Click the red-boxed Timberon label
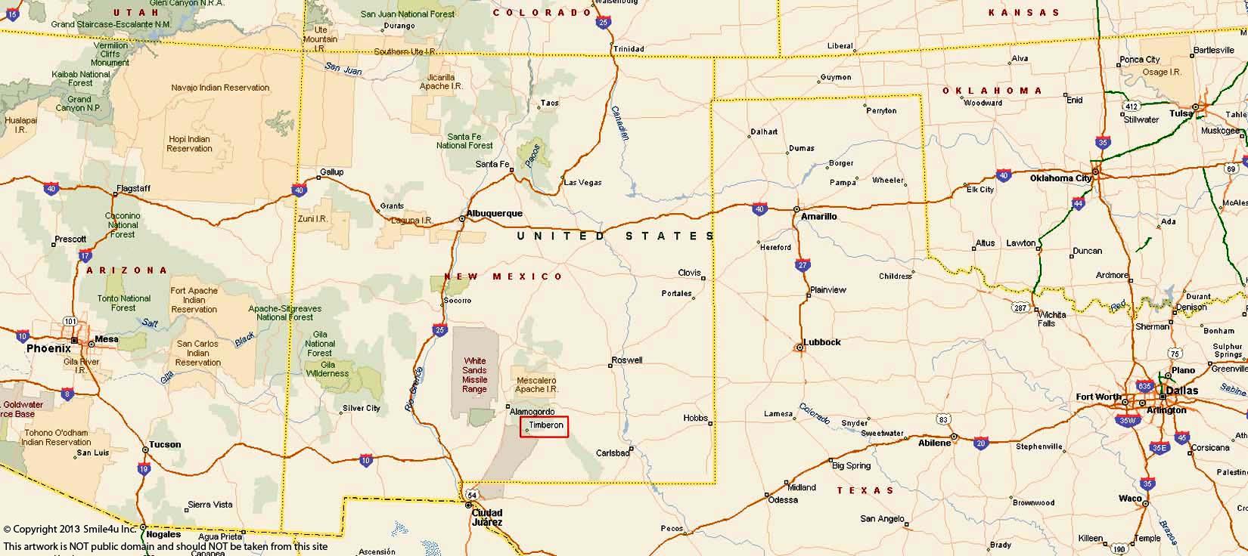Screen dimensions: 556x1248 pyautogui.click(x=545, y=426)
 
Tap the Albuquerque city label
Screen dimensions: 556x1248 pyautogui.click(x=495, y=214)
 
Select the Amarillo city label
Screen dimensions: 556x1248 pyautogui.click(x=819, y=216)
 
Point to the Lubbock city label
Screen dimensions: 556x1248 pyautogui.click(x=822, y=342)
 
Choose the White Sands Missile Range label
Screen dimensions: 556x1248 pyautogui.click(x=475, y=375)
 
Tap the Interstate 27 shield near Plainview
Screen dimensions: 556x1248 pyautogui.click(x=803, y=265)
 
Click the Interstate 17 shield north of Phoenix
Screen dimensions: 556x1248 pyautogui.click(x=85, y=256)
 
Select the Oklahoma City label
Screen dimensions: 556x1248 pyautogui.click(x=1060, y=178)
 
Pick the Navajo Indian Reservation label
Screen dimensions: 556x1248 pyautogui.click(x=220, y=88)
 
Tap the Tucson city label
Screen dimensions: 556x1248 pyautogui.click(x=165, y=444)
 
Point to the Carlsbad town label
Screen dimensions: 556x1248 pyautogui.click(x=613, y=453)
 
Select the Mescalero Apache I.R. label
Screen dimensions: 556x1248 pyautogui.click(x=536, y=385)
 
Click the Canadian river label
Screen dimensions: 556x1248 pyautogui.click(x=620, y=122)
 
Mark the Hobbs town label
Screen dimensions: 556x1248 pyautogui.click(x=695, y=418)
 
